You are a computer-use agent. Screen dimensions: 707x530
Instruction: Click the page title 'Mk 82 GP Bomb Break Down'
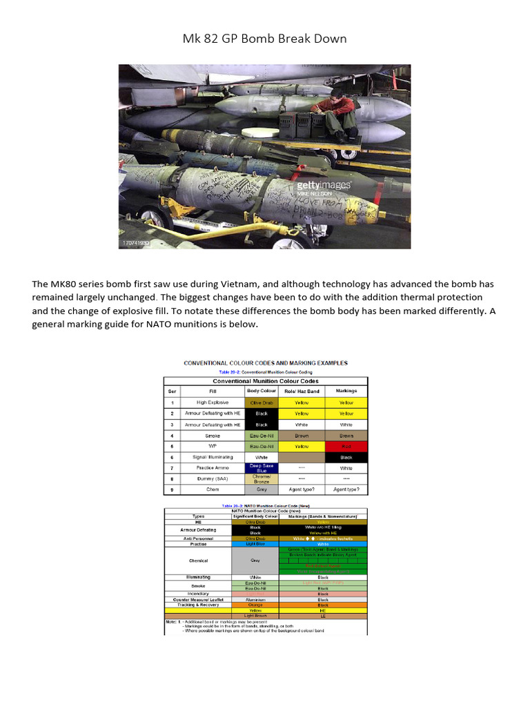(x=264, y=39)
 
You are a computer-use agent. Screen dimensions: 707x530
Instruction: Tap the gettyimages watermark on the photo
(x=324, y=186)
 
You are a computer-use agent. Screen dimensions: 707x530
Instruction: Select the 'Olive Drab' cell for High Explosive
(x=262, y=403)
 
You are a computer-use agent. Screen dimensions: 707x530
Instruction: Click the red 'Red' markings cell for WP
(x=346, y=446)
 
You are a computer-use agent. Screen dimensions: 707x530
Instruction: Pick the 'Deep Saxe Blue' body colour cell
(x=262, y=468)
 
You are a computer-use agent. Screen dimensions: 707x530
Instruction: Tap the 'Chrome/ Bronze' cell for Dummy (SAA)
(x=262, y=478)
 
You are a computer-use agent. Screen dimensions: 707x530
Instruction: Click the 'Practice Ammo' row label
(x=212, y=468)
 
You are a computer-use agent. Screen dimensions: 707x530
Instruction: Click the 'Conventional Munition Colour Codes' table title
(x=265, y=381)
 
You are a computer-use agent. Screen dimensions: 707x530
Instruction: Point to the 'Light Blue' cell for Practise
(x=256, y=544)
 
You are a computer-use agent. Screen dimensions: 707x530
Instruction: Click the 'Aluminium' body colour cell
(x=256, y=600)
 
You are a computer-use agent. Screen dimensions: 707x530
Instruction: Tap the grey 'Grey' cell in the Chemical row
(x=256, y=561)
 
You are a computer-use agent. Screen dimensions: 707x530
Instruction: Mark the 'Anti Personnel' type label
(x=198, y=539)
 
